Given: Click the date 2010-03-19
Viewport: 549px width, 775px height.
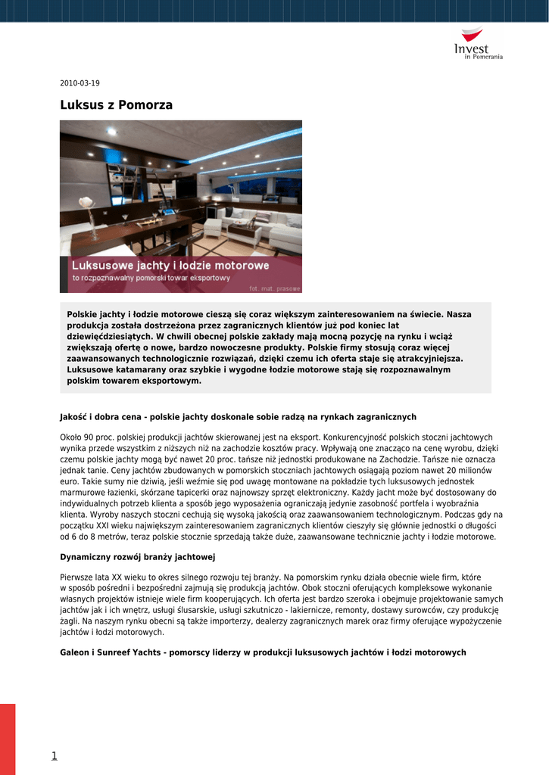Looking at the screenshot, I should (80, 83).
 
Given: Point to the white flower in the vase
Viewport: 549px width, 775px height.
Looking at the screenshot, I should (86, 203).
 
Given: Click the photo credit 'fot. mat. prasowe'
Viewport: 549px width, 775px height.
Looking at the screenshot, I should (275, 288).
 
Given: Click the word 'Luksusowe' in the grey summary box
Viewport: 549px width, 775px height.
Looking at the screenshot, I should (90, 369).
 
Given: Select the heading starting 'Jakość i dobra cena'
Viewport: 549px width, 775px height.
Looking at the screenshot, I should (238, 417).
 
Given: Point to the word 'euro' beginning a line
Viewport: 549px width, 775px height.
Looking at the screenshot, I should (69, 481).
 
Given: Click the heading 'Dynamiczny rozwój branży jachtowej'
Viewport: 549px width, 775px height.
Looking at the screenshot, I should (138, 557).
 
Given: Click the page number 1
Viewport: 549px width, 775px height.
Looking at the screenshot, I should (54, 755).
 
